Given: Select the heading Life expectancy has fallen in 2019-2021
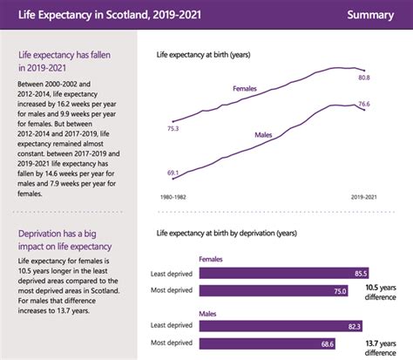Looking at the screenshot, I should tap(64, 60).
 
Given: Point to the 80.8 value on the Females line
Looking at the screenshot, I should tap(363, 78).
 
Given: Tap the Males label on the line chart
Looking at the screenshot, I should tap(267, 135).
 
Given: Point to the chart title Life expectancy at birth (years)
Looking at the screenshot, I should tap(203, 55).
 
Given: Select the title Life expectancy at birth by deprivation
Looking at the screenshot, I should tap(228, 234).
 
